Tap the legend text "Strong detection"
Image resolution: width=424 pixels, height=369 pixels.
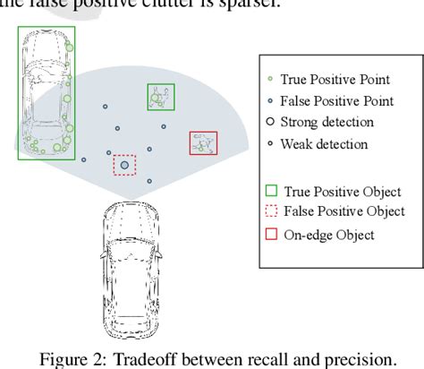point(327,122)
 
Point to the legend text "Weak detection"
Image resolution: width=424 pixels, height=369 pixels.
point(324,143)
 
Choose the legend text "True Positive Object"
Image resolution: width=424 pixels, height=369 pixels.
point(342,192)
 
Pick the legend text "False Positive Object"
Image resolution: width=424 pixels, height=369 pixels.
point(343,212)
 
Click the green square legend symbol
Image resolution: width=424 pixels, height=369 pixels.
point(271,192)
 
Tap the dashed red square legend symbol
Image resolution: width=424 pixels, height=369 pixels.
point(271,212)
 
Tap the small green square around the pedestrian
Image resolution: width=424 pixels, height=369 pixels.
point(160,97)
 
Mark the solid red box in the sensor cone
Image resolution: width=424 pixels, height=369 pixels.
point(203,144)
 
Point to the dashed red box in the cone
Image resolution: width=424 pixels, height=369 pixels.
point(124,165)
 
